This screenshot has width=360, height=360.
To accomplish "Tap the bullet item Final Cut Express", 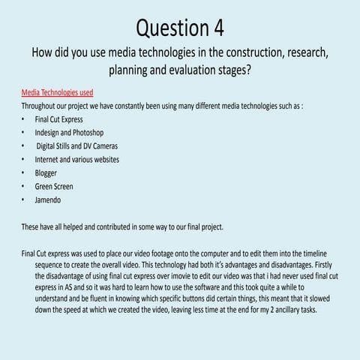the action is [x=59, y=119].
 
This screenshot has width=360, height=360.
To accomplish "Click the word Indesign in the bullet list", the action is [x=49, y=133].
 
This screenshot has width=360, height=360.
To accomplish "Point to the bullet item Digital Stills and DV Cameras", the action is [x=77, y=146].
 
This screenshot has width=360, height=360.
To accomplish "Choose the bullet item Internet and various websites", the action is [x=77, y=160].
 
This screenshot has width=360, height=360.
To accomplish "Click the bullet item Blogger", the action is [x=46, y=173].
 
